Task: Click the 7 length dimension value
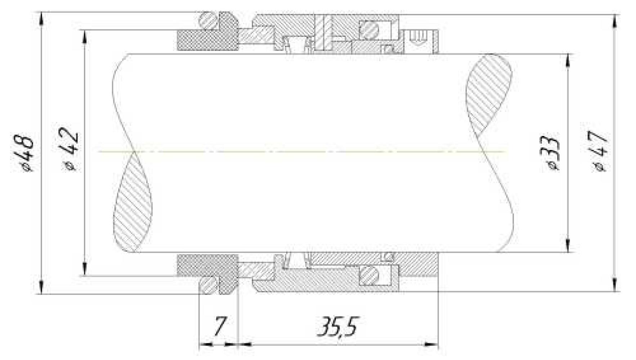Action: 219,326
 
